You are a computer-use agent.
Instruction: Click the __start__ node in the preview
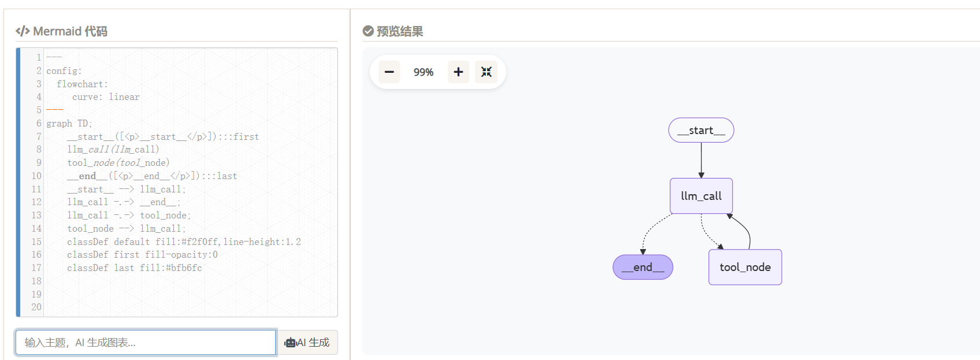tap(701, 130)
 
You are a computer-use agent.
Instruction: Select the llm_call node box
tap(701, 196)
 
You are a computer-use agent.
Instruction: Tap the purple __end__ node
tap(643, 267)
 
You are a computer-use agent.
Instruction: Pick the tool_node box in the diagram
tap(745, 267)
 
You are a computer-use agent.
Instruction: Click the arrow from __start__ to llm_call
tap(701, 160)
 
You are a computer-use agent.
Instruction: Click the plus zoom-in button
tap(458, 72)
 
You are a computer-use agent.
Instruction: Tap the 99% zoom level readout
tap(423, 72)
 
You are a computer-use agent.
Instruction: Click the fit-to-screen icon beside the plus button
tap(486, 72)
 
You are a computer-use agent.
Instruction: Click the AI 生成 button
tap(307, 342)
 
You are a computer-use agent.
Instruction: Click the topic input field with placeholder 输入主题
tap(146, 342)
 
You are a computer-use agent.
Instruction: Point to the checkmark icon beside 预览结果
tap(368, 31)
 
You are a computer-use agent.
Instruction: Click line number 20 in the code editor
tap(36, 307)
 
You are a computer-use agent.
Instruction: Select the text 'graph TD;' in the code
tap(69, 123)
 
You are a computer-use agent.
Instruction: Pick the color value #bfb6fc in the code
tap(184, 268)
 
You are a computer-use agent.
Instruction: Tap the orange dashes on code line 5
tap(55, 110)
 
